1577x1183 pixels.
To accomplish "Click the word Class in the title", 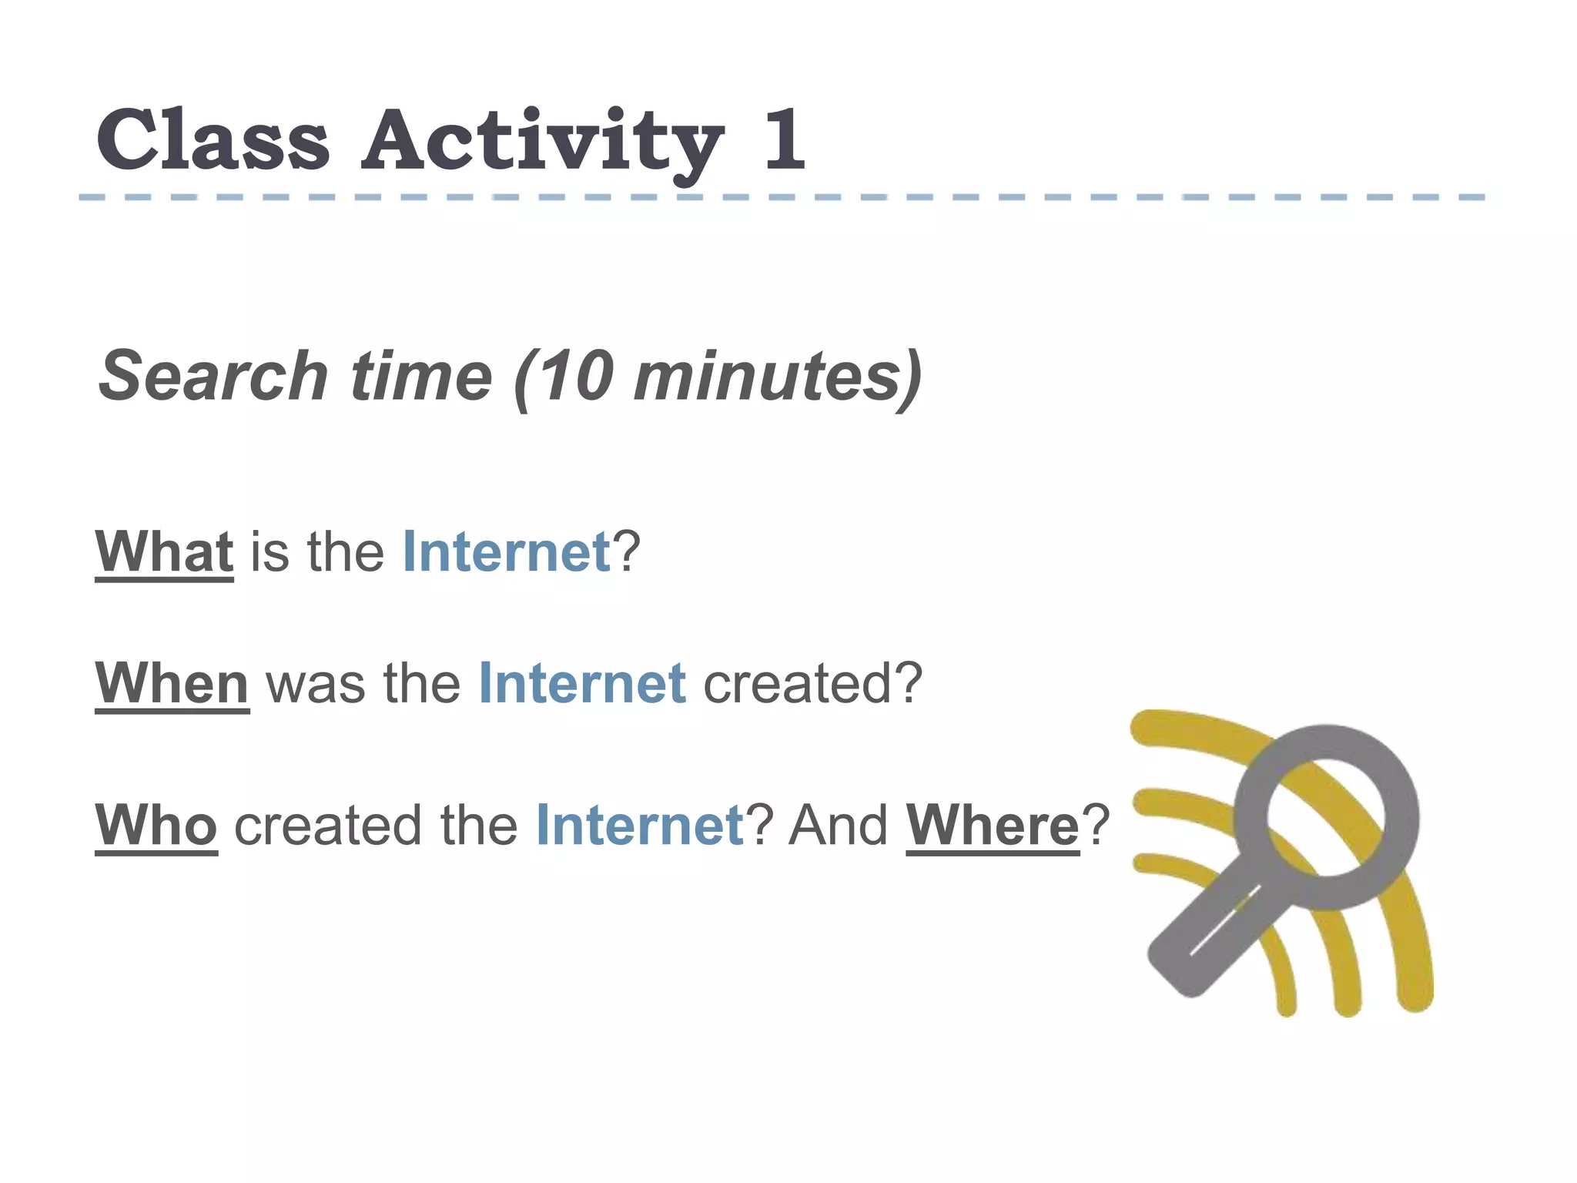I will [213, 140].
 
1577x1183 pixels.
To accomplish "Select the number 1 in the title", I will [784, 140].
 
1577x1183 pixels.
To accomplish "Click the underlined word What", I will [164, 551].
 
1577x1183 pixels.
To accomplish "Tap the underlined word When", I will [172, 683].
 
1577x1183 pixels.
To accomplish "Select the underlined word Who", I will [156, 825].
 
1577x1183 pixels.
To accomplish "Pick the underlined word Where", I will [993, 825].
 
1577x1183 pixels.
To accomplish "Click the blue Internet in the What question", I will [507, 551].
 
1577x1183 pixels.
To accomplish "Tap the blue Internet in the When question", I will [582, 683].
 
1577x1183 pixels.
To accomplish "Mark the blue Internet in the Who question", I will [640, 825].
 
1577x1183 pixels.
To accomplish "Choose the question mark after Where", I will [1096, 825].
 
